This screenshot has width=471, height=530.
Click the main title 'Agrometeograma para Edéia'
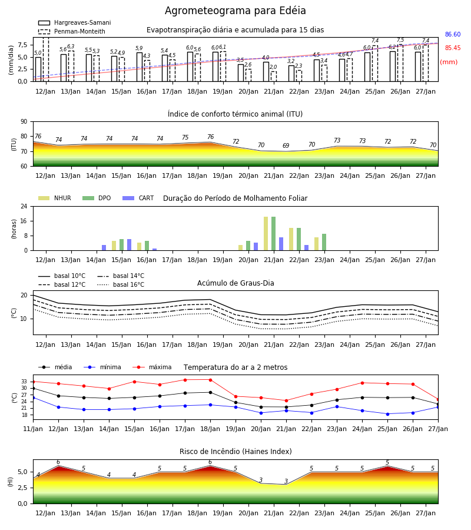tap(235, 11)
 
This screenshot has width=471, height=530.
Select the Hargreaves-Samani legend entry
tap(75, 22)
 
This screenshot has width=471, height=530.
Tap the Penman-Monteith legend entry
tap(72, 31)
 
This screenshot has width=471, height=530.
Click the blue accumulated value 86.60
tap(453, 35)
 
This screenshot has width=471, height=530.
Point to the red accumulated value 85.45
tap(453, 48)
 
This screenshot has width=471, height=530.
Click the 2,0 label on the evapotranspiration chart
tap(273, 67)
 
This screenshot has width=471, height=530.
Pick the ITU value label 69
tap(286, 145)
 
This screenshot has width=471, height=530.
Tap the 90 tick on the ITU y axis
tap(24, 122)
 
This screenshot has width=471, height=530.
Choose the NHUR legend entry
tap(55, 198)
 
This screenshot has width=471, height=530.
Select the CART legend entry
tap(138, 198)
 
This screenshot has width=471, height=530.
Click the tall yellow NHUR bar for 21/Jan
tap(266, 234)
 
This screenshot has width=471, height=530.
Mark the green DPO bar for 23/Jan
tap(324, 242)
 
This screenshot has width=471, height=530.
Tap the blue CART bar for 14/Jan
tap(104, 248)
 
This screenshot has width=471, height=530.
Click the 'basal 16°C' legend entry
tap(121, 284)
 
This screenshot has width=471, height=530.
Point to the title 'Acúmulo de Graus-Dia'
tap(235, 283)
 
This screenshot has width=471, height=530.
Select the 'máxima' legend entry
tap(152, 367)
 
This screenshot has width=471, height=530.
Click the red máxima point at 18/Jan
tap(211, 380)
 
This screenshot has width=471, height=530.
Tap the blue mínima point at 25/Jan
tap(387, 414)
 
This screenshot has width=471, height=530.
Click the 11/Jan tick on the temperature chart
tap(33, 429)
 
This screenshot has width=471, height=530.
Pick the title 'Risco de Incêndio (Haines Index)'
tap(235, 452)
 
